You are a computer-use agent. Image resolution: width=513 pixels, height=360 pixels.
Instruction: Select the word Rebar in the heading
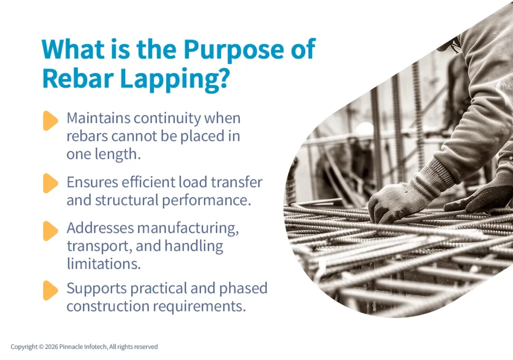click(77, 79)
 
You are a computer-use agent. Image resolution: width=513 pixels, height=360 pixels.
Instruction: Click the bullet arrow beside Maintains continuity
click(50, 121)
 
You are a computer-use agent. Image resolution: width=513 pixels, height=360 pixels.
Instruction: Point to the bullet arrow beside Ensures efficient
click(50, 183)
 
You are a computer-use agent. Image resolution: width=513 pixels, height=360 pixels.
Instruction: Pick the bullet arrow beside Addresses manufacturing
click(50, 231)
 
